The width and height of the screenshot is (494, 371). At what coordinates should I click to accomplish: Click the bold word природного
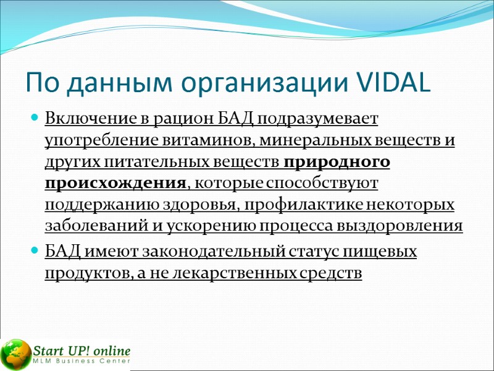tap(337, 161)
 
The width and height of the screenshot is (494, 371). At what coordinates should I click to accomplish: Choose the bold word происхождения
tap(115, 184)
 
